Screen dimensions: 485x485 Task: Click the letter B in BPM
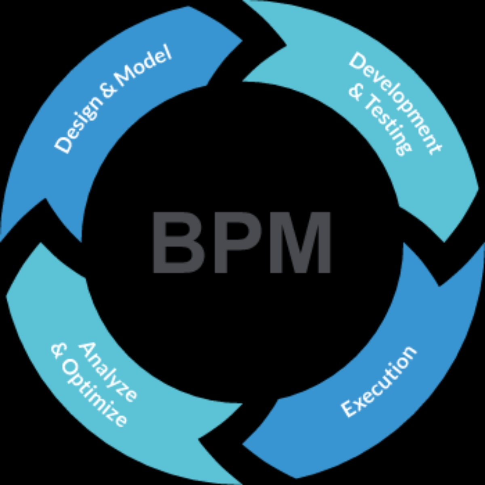pyautogui.click(x=178, y=242)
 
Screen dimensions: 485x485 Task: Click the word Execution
pyautogui.click(x=378, y=380)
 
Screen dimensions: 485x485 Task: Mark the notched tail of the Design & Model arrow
pyautogui.click(x=46, y=200)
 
